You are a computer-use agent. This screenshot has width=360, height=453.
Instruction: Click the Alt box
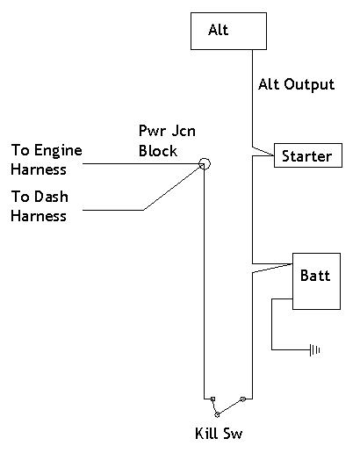pyautogui.click(x=228, y=31)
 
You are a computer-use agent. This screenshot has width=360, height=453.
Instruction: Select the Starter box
pyautogui.click(x=308, y=155)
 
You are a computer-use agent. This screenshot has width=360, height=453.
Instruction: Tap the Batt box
pyautogui.click(x=316, y=281)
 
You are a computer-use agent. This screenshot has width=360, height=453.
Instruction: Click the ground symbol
pyautogui.click(x=314, y=349)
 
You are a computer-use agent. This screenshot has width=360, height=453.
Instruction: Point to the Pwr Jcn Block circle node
pyautogui.click(x=205, y=163)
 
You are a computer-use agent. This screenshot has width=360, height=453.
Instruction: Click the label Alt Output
pyautogui.click(x=296, y=84)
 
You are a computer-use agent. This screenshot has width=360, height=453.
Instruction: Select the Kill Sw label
pyautogui.click(x=219, y=434)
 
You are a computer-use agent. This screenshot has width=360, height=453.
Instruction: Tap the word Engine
pyautogui.click(x=58, y=151)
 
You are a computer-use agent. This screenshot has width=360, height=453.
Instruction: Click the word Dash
pyautogui.click(x=51, y=197)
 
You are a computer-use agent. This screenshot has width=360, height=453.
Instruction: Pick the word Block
pyautogui.click(x=158, y=151)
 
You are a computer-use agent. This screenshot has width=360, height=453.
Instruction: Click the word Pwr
pyautogui.click(x=150, y=131)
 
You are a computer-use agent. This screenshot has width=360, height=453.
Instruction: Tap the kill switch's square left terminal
pyautogui.click(x=212, y=399)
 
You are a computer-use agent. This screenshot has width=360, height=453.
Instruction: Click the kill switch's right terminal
pyautogui.click(x=242, y=399)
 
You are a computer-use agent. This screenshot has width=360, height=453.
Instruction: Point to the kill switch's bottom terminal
pyautogui.click(x=217, y=414)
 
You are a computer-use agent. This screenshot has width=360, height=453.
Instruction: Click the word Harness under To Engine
pyautogui.click(x=39, y=169)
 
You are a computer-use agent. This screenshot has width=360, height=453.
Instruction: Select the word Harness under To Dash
pyautogui.click(x=39, y=216)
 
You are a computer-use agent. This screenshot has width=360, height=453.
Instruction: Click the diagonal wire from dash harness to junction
pyautogui.click(x=173, y=188)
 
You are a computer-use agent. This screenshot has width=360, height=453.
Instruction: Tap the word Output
pyautogui.click(x=309, y=84)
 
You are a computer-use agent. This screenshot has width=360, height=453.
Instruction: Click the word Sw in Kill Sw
pyautogui.click(x=233, y=434)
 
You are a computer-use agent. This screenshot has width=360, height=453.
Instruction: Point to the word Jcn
pyautogui.click(x=184, y=131)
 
